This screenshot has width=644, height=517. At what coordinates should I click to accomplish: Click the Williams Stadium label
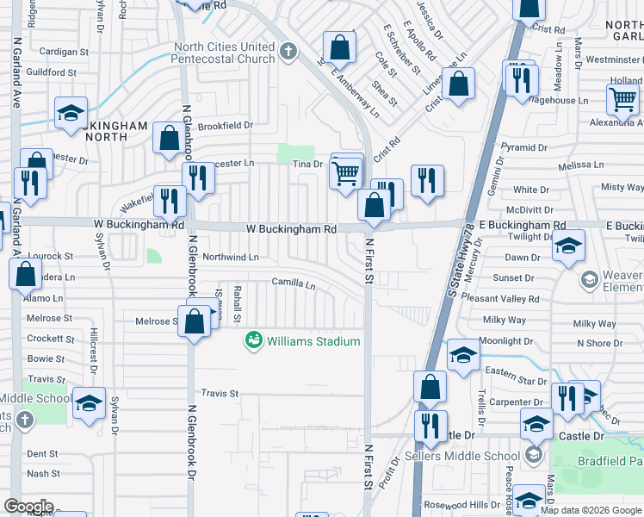(x=313, y=341)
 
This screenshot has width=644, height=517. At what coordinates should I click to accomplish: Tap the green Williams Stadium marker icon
(x=253, y=341)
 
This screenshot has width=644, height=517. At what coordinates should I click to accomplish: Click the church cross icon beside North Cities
(x=288, y=52)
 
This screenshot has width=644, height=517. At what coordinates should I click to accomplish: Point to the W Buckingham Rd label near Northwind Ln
(x=291, y=230)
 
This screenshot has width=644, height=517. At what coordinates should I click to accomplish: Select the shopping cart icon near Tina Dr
(x=346, y=171)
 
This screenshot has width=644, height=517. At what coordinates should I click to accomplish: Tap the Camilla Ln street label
(x=294, y=283)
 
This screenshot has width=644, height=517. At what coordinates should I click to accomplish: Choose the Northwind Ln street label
(x=230, y=257)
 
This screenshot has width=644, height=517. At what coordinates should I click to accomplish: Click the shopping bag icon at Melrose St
(x=195, y=321)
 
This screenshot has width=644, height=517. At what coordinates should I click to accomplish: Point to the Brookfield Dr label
(x=226, y=125)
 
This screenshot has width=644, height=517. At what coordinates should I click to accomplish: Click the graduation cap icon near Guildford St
(x=71, y=113)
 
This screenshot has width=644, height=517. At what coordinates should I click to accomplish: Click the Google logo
(x=28, y=507)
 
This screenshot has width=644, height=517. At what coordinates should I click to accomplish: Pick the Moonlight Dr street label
(x=507, y=341)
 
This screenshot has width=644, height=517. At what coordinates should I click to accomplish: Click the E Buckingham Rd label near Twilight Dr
(x=523, y=225)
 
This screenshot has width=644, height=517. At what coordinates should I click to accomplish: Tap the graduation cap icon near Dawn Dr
(x=568, y=246)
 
